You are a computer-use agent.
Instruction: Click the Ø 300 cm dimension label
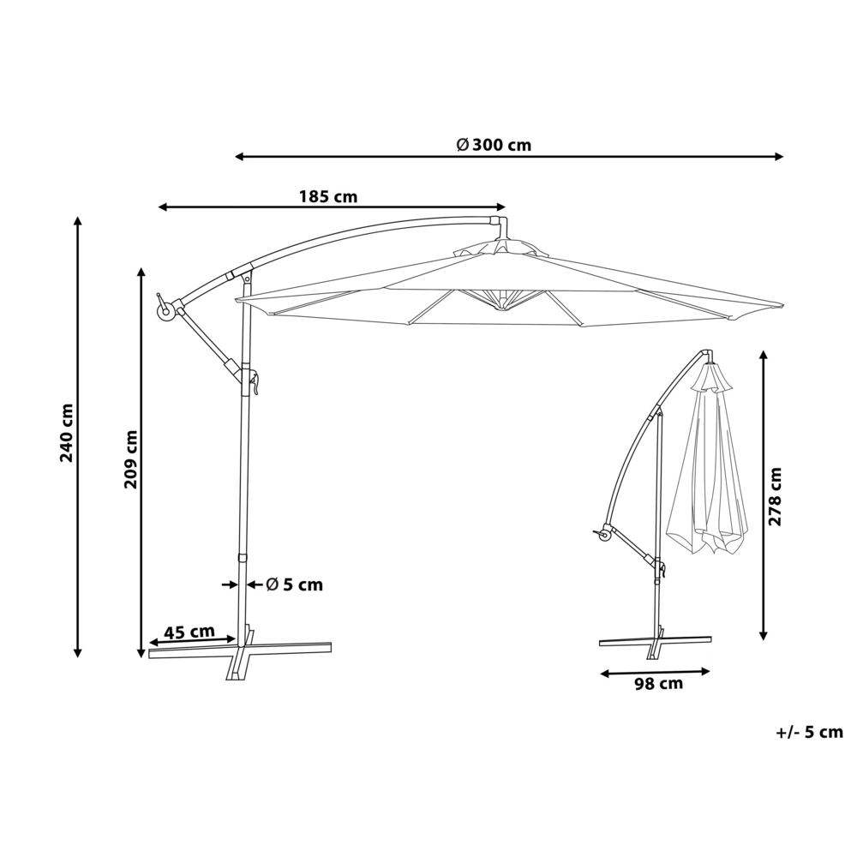coord(494,145)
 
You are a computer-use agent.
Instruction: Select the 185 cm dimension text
coord(327,196)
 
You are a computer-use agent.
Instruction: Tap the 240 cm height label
coord(67,433)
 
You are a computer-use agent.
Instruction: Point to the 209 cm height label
coord(130,458)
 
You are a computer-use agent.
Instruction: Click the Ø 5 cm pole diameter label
coord(294,584)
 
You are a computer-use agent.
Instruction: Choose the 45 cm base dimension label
coord(189,632)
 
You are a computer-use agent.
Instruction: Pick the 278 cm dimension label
coord(776,497)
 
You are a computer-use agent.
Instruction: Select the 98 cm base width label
coord(658,683)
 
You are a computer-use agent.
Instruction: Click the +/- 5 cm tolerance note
coord(810,732)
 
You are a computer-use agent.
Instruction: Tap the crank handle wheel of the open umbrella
coord(165,312)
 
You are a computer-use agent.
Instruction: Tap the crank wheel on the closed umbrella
coord(605,535)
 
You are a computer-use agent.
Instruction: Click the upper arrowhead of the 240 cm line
coord(78,220)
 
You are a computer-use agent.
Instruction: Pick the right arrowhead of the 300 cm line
coord(780,157)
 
